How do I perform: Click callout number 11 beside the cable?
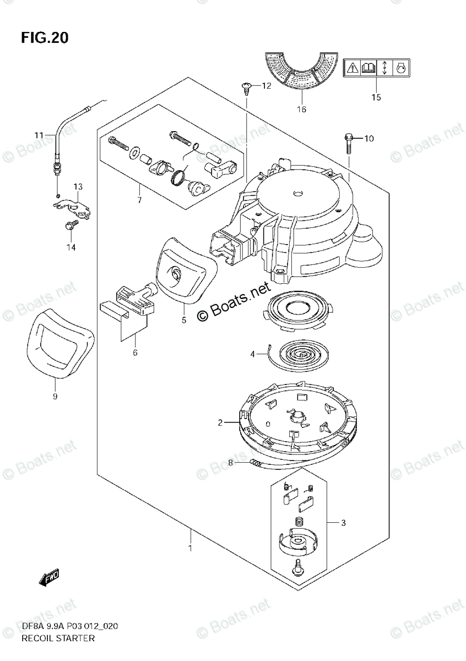pos(38,135)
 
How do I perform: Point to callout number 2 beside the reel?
pos(220,422)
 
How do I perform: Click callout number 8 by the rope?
pos(231,463)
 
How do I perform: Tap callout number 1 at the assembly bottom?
pos(191,548)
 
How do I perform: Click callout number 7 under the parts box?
pos(139,200)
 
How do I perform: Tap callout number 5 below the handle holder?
pos(183,319)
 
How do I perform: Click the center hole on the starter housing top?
pos(297,193)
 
